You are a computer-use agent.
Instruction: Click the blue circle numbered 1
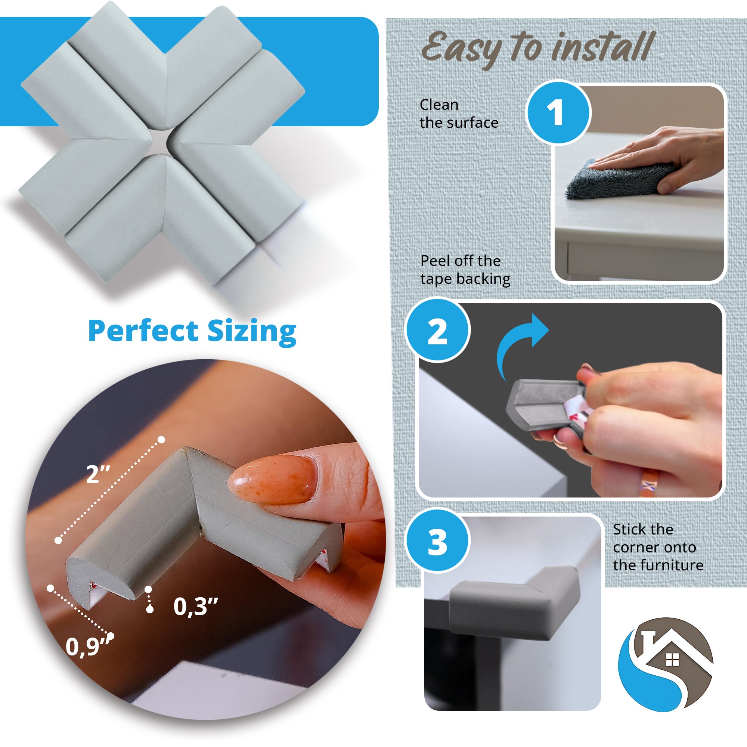click(x=559, y=112)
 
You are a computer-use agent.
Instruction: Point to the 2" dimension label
click(x=98, y=474)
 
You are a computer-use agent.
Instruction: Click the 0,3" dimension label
click(x=195, y=606)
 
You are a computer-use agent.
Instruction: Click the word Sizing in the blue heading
click(x=252, y=332)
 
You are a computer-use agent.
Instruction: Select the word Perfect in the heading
click(x=143, y=331)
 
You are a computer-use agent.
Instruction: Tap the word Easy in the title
click(x=460, y=48)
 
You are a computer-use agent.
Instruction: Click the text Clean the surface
click(x=459, y=114)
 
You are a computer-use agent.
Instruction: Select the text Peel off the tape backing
click(x=465, y=270)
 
